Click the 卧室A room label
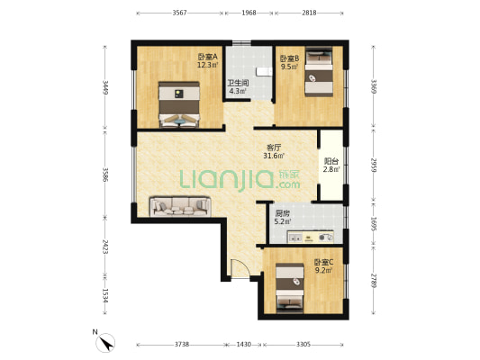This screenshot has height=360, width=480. (208, 57)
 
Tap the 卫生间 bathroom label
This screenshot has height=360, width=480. (238, 83)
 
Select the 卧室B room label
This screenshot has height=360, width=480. (290, 58)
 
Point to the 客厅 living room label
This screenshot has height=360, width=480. (274, 148)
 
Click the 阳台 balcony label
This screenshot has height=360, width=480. (331, 161)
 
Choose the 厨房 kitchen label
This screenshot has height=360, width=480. (282, 213)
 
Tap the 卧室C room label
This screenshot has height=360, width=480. (323, 262)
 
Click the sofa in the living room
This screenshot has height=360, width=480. (180, 207)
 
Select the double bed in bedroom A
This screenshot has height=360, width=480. (179, 104)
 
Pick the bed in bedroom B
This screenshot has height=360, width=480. (319, 72)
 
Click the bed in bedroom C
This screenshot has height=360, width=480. (290, 288)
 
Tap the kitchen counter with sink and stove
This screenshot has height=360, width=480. (310, 237)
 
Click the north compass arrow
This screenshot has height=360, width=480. (106, 343)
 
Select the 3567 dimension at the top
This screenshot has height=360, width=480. (179, 13)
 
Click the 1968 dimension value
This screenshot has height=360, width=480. (249, 13)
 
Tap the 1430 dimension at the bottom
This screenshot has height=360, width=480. (244, 345)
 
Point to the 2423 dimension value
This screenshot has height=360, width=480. (104, 247)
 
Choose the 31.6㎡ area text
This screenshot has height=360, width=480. (274, 156)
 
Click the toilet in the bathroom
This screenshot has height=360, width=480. (264, 72)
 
